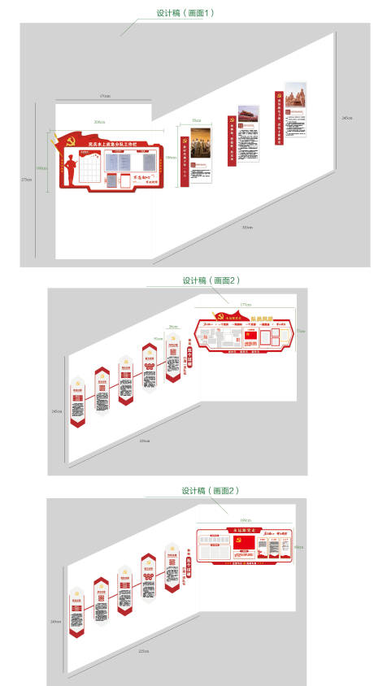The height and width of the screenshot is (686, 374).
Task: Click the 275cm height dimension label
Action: click(x=25, y=179)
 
